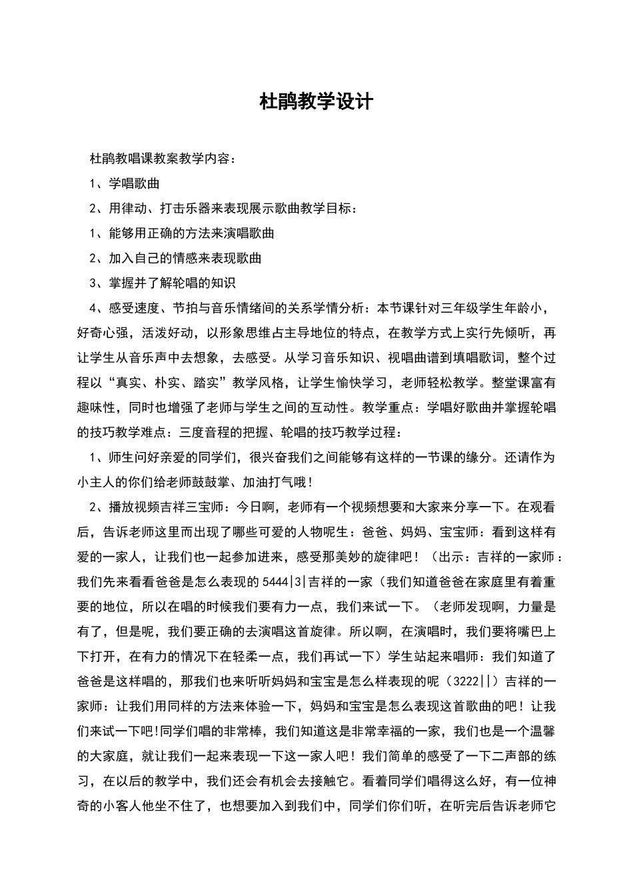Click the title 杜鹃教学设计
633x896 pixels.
point(316,102)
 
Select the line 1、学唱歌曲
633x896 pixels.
point(124,183)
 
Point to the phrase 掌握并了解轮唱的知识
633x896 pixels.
point(172,283)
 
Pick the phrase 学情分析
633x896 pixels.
point(338,308)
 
